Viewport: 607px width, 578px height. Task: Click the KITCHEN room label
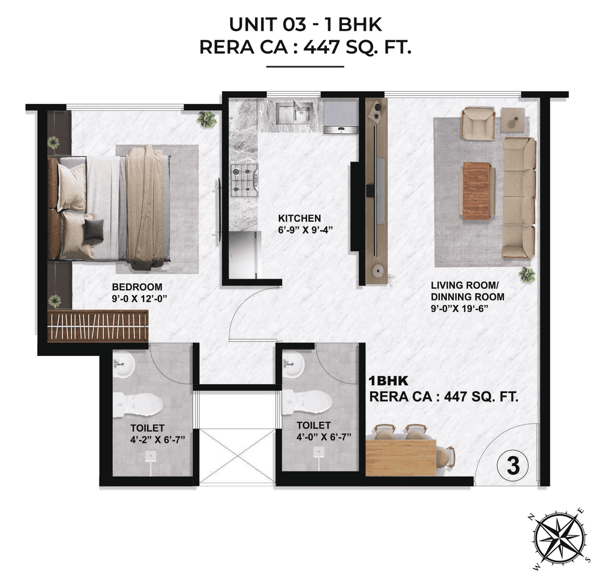[299, 218]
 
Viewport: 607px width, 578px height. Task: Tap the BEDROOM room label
[137, 287]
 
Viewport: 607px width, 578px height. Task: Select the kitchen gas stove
[244, 180]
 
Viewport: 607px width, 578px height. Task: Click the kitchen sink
[294, 113]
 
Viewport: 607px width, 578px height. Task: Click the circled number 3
[513, 466]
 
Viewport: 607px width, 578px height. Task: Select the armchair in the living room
[478, 123]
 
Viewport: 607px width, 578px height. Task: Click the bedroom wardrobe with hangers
[98, 326]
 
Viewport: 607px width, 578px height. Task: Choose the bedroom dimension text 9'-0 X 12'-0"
[140, 298]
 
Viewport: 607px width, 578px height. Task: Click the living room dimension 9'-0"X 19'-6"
[460, 308]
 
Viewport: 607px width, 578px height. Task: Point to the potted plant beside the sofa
[526, 274]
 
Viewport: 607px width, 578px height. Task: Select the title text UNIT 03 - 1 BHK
[305, 25]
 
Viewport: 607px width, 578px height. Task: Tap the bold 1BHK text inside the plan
[388, 381]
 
